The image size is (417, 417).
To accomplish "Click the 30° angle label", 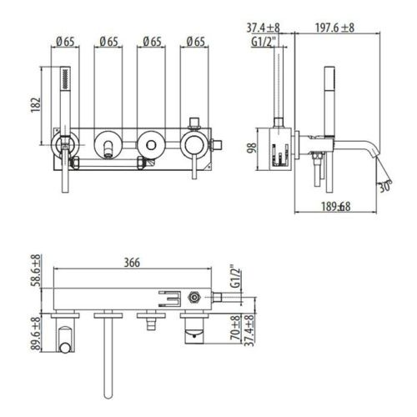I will click(x=383, y=188).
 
